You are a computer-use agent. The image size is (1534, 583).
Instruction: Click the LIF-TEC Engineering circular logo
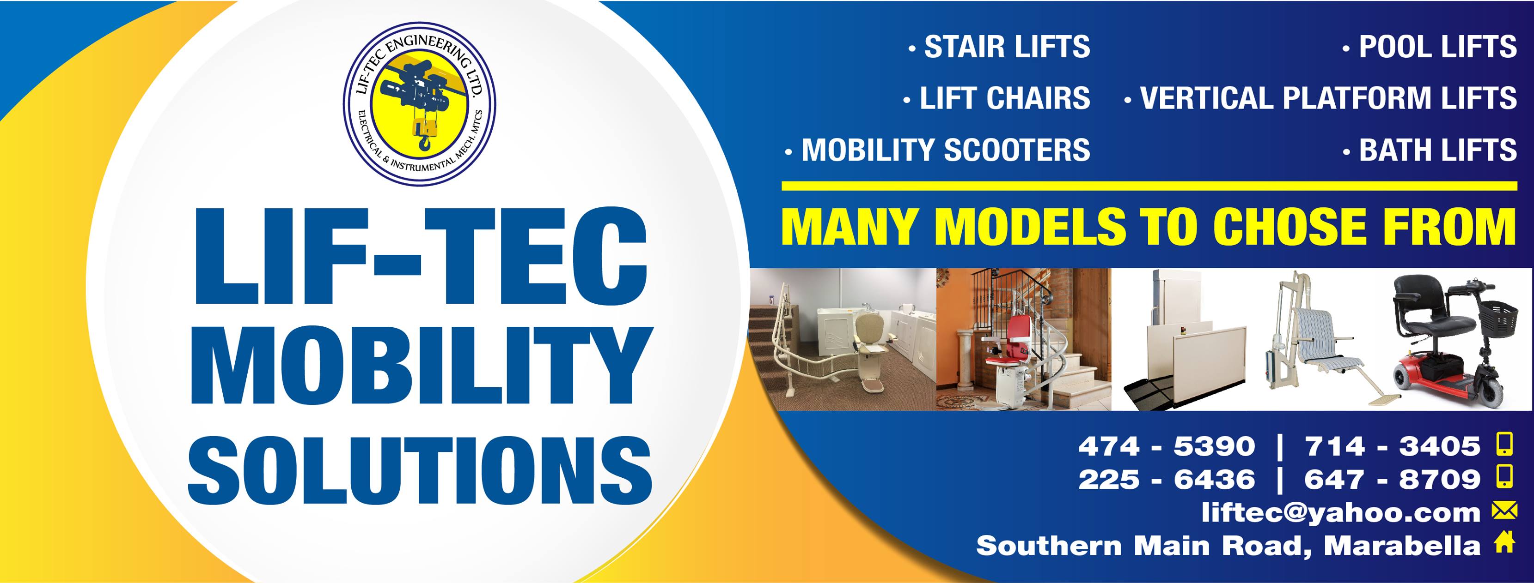[419, 103]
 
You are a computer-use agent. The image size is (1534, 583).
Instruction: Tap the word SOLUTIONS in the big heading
[420, 470]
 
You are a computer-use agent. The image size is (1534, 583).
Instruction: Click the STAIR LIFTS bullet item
[999, 47]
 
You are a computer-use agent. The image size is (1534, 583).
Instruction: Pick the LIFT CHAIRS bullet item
[996, 98]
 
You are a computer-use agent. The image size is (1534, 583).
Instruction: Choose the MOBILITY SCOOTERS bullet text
[937, 150]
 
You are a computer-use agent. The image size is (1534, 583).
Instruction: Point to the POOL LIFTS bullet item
[1429, 47]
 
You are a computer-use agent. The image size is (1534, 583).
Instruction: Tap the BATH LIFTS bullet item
[1429, 150]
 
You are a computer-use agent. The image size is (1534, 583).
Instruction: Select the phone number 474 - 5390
[1167, 446]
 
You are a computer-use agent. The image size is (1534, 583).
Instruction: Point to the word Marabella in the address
[1402, 546]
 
